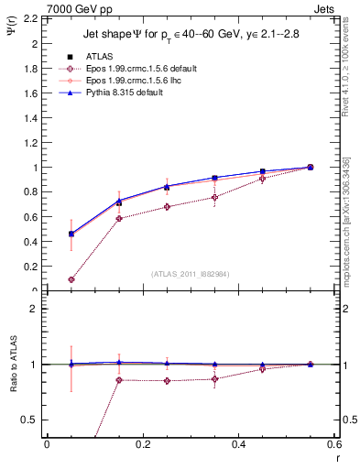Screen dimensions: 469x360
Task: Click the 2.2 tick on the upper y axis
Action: pyautogui.click(x=32, y=18)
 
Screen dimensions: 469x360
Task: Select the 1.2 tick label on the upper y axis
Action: pyautogui.click(x=32, y=143)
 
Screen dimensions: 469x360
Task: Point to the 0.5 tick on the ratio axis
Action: pyautogui.click(x=32, y=420)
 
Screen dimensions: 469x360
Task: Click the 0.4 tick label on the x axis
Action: pyautogui.click(x=238, y=446)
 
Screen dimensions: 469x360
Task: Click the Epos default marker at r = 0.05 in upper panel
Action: pyautogui.click(x=71, y=279)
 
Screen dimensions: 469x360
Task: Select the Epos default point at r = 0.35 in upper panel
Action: pyautogui.click(x=214, y=197)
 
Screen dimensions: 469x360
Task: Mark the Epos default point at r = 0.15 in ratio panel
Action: pyautogui.click(x=119, y=379)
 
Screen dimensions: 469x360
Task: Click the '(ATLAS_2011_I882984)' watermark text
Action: pyautogui.click(x=190, y=275)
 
